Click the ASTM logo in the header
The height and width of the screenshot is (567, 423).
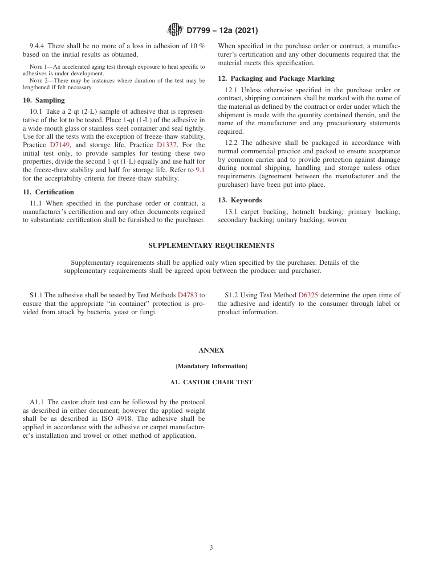click(175, 30)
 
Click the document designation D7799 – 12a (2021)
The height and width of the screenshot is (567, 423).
click(222, 31)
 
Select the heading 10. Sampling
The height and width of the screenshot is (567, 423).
click(44, 100)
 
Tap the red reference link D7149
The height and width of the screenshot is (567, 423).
click(60, 145)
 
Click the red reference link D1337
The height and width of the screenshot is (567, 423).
click(167, 145)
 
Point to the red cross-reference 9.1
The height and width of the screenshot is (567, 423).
click(200, 170)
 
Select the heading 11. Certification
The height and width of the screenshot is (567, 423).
click(49, 192)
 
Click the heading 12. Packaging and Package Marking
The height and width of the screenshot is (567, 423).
click(276, 78)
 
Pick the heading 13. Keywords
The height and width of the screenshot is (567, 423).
click(240, 200)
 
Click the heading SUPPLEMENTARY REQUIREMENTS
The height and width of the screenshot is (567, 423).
click(211, 246)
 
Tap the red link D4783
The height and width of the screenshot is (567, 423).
click(187, 295)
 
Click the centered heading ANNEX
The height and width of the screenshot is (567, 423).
click(211, 350)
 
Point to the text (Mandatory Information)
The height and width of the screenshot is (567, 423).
click(211, 366)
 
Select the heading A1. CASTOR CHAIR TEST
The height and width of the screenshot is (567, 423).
click(211, 382)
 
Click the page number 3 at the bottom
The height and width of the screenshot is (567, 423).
click(211, 548)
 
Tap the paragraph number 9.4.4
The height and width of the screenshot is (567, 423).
click(37, 46)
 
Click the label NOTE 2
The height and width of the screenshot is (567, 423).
click(39, 81)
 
